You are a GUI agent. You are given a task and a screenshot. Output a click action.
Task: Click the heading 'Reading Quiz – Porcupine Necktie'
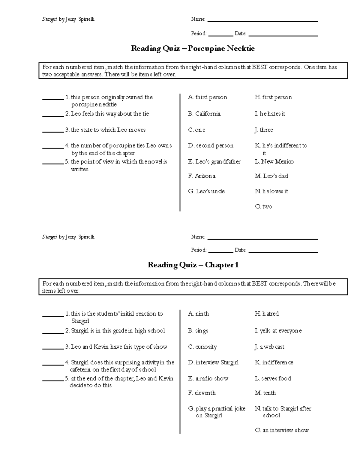(x=193, y=49)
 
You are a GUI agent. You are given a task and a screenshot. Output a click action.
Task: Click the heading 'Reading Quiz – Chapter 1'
(x=193, y=265)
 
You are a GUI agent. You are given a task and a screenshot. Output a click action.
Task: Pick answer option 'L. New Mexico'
(x=274, y=162)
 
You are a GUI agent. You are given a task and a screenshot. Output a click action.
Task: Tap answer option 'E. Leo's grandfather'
(x=214, y=162)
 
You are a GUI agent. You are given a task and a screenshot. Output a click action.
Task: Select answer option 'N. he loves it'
(x=271, y=191)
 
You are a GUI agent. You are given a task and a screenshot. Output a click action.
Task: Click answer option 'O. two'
(x=263, y=207)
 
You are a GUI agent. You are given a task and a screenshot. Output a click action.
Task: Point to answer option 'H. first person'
(x=273, y=97)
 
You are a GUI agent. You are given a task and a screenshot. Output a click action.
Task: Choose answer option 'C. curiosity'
(x=202, y=347)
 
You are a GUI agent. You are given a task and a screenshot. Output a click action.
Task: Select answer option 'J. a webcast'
(x=269, y=347)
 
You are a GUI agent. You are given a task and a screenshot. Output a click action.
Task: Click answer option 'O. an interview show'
(x=282, y=430)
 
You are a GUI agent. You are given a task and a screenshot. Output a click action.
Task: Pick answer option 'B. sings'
(x=198, y=331)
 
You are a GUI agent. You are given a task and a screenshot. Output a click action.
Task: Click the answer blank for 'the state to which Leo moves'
(x=53, y=131)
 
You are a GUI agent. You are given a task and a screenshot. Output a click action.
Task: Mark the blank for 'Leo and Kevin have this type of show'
(x=53, y=348)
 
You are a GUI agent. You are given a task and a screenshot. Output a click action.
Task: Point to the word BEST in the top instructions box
(x=259, y=67)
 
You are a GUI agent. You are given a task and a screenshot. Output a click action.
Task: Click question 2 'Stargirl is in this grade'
(x=118, y=331)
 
